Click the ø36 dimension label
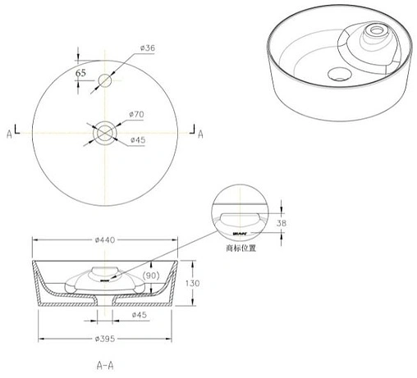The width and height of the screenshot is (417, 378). click(x=148, y=48)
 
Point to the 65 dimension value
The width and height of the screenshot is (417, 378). click(x=81, y=73)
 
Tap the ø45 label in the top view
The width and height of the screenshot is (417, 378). click(x=138, y=139)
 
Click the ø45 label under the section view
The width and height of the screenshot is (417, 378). click(x=140, y=315)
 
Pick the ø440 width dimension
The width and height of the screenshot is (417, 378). click(x=104, y=239)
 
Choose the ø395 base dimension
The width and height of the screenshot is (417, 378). click(x=104, y=339)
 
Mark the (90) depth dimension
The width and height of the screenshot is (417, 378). click(x=151, y=276)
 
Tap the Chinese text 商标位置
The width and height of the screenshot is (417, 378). click(x=241, y=244)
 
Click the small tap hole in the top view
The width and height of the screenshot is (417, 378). click(x=105, y=80)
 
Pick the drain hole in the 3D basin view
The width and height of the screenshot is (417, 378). click(x=337, y=75)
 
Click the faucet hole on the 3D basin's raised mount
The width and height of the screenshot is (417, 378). click(x=378, y=32)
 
